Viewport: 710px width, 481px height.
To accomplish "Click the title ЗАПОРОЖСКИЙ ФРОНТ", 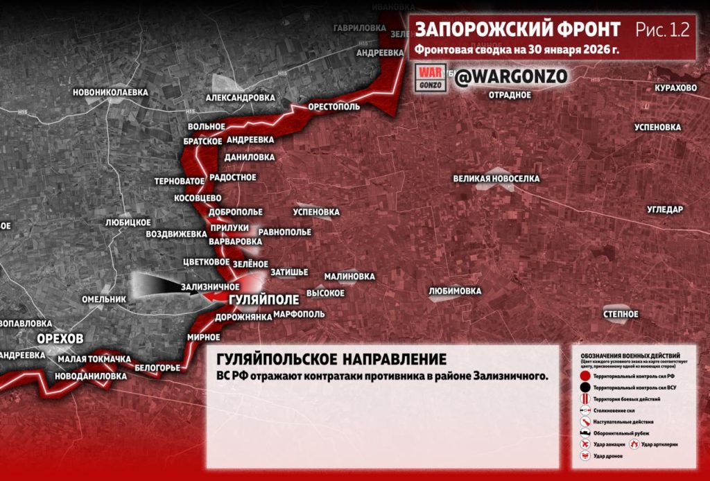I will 517,30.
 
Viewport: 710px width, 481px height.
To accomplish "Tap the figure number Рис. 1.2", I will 661,30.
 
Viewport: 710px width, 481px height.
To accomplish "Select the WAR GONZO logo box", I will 430,77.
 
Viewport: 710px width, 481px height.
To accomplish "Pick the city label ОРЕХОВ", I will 61,338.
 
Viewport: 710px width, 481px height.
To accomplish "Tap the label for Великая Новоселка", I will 496,179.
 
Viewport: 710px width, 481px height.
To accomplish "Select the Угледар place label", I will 665,209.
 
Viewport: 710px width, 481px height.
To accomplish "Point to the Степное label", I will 621,315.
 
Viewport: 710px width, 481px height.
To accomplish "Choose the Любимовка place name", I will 455,291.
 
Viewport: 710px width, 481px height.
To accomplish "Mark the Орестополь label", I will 334,108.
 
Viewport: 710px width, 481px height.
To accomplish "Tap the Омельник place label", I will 104,299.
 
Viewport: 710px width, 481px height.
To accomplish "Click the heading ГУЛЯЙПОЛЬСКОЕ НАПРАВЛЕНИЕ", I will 331,360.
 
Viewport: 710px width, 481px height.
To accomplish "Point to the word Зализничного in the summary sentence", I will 509,376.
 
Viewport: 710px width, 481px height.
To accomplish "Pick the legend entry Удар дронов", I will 607,457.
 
